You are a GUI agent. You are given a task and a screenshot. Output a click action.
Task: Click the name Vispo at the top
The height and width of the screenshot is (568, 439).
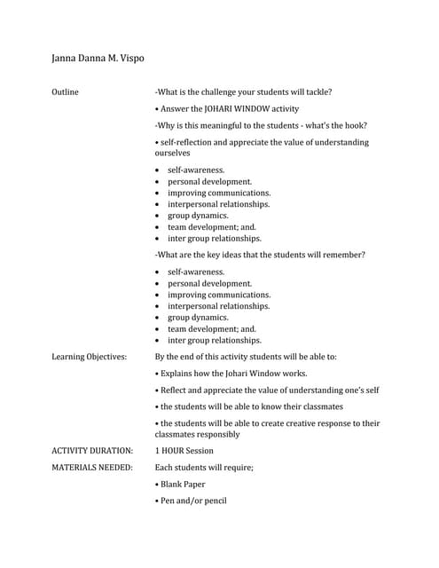pyautogui.click(x=127, y=59)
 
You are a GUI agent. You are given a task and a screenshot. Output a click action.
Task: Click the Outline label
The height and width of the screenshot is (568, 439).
pyautogui.click(x=65, y=91)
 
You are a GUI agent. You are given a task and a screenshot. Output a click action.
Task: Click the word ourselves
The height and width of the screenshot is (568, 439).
pyautogui.click(x=173, y=154)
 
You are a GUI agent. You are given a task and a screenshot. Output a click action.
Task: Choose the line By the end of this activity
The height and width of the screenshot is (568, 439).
pyautogui.click(x=246, y=357)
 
